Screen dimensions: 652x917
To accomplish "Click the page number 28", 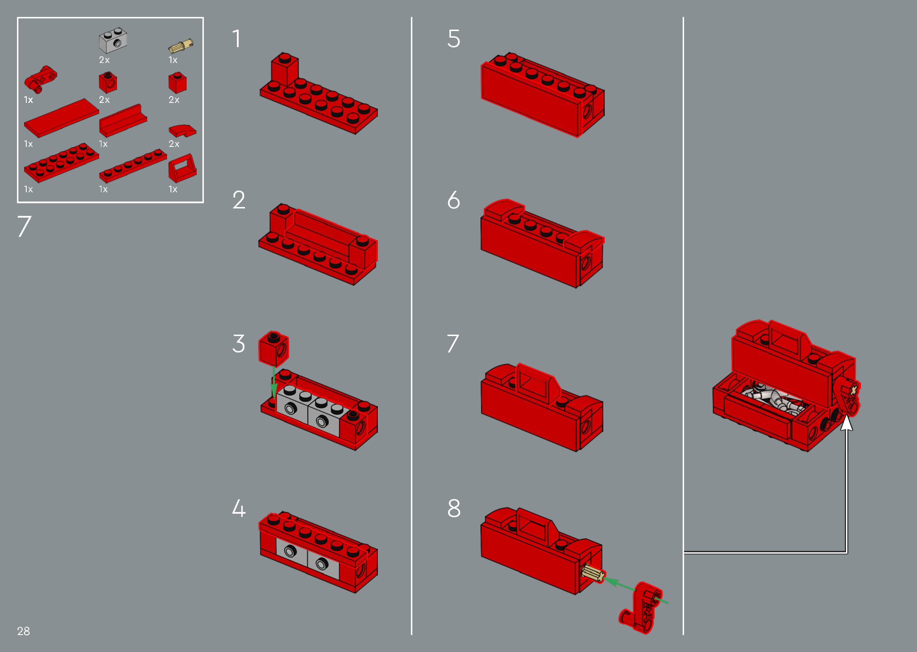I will point(23,631).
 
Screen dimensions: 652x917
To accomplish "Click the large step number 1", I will point(237,39).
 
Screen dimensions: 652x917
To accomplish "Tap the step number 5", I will point(454,39).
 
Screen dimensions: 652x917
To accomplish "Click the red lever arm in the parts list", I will point(40,78).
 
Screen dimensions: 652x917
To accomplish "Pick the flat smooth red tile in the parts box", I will point(62,118).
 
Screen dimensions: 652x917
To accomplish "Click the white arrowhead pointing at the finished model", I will point(847,423).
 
